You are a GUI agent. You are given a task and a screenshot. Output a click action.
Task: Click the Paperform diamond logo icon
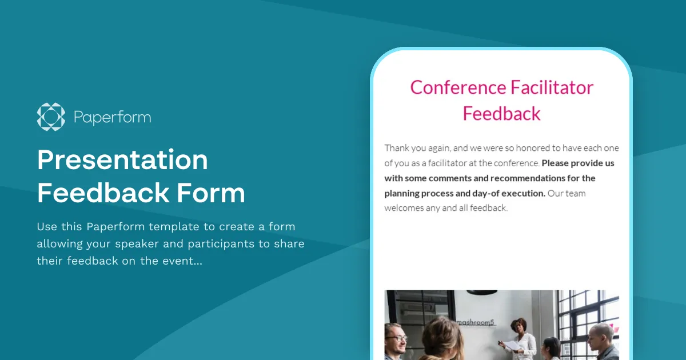tap(51, 117)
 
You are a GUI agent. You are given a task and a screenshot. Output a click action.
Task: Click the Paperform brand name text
tap(113, 118)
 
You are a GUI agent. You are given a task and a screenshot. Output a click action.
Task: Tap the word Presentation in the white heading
tap(122, 161)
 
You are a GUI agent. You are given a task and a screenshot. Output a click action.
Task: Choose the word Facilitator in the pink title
tap(552, 87)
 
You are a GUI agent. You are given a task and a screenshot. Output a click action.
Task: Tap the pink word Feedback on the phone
tap(501, 114)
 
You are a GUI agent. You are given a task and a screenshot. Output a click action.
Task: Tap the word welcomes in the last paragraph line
tap(404, 208)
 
